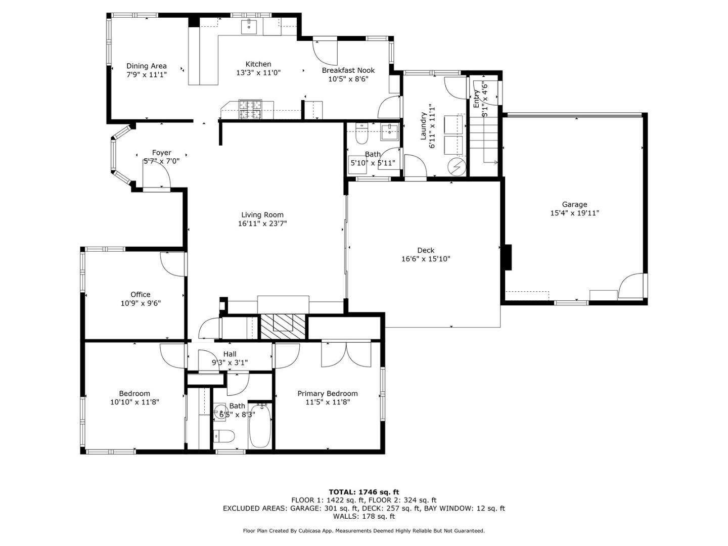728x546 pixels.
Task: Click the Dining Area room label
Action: coord(146,66)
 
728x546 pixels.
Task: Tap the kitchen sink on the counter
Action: coord(249,26)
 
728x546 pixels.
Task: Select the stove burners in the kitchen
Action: coord(250,110)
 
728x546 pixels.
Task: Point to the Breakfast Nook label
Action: coord(348,70)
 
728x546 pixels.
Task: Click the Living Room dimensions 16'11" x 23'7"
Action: coord(262,223)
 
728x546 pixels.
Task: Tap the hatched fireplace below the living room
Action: coord(283,327)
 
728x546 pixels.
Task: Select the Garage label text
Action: coord(574,205)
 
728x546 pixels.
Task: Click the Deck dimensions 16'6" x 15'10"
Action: coord(426,259)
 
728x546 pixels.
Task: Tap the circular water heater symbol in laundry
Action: coord(457,167)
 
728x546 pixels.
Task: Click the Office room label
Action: coord(141,294)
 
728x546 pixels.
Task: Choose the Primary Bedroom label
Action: coord(328,393)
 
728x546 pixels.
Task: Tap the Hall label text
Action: coord(230,354)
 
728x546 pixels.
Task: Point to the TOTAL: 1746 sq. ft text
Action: coord(364,492)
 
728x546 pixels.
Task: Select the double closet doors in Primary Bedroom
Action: coord(346,354)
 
